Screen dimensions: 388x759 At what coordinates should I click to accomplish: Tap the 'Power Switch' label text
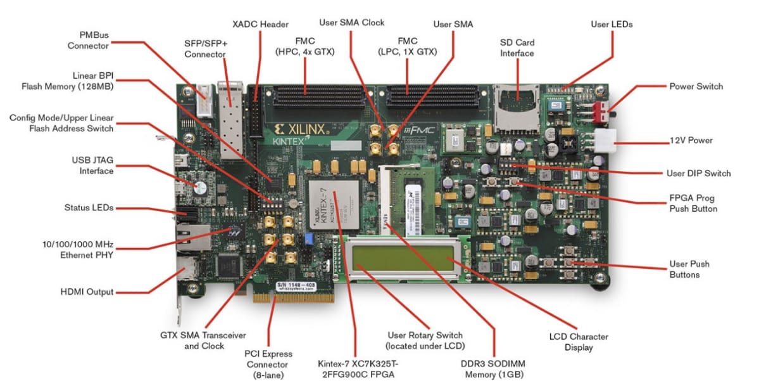pos(696,86)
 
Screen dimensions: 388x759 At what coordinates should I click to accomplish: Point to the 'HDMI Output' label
pos(87,292)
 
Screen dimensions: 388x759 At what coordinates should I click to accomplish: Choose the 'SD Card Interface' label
pos(517,48)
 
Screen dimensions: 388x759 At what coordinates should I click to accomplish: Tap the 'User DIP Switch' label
pos(698,173)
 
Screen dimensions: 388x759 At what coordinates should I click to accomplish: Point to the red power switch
pos(606,112)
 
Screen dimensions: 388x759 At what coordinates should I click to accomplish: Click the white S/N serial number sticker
pos(296,286)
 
